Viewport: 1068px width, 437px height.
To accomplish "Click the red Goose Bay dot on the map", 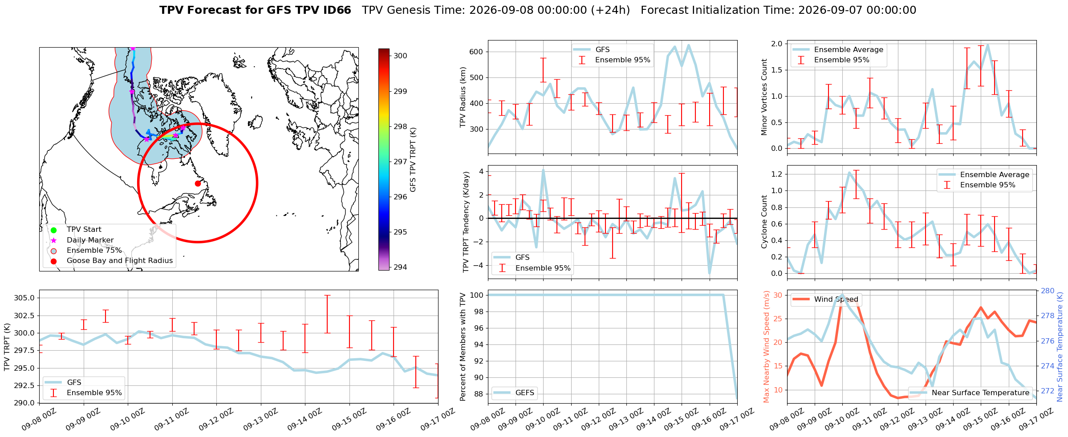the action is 198,183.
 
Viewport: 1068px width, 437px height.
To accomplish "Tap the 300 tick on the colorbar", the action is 400,56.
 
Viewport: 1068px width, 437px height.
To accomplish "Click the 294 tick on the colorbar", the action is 400,267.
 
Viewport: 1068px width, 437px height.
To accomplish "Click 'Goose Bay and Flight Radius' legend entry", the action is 111,261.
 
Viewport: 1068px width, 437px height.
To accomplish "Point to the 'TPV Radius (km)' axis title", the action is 463,97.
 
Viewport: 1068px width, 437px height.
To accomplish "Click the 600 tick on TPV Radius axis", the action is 476,52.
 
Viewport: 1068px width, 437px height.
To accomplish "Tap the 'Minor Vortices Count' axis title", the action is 764,97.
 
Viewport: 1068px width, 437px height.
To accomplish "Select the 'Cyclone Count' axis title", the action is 764,222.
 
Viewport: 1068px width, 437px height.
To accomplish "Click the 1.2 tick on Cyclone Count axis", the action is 776,174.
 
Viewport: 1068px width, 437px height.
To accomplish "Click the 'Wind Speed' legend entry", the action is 825,299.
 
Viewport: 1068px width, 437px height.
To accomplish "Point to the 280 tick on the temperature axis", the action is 1048,291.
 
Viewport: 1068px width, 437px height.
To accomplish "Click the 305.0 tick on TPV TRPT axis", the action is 25,298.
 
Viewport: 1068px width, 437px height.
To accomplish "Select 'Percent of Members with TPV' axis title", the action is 463,347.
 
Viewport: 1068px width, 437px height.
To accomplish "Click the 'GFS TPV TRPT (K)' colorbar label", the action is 413,159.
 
